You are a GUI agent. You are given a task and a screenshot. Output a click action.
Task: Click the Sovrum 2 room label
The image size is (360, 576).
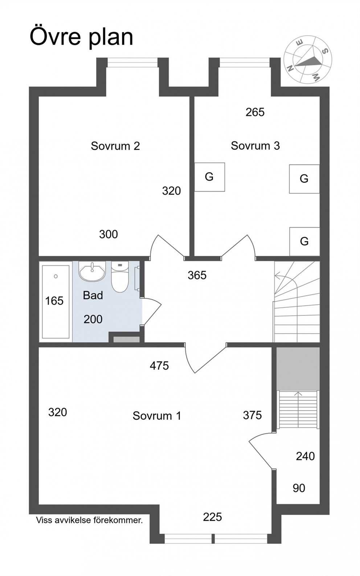(115, 146)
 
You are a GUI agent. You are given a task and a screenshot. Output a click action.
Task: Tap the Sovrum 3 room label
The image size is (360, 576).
(255, 146)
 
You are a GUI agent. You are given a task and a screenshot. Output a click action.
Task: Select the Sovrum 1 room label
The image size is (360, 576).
(157, 416)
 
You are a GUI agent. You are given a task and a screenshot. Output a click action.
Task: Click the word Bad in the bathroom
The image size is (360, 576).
(93, 295)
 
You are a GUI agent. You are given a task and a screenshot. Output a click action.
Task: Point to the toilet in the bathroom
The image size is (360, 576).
(120, 277)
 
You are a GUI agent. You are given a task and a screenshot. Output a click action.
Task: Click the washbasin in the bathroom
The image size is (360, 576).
(92, 271)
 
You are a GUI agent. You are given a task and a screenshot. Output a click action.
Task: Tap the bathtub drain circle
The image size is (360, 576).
(56, 277)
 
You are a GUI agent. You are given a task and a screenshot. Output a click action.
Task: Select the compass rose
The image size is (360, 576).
(308, 60)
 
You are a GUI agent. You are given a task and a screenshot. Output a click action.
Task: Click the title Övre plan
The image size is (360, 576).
(82, 37)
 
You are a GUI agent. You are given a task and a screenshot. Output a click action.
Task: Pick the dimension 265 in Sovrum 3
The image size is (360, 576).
(255, 112)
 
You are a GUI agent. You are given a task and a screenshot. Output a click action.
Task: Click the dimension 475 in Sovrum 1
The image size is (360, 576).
(159, 365)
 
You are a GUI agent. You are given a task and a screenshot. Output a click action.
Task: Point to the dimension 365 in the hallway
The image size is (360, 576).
(197, 275)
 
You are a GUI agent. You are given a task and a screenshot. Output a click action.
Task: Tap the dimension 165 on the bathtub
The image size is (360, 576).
(54, 301)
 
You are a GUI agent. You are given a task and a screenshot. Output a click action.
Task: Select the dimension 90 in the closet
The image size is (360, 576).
(299, 488)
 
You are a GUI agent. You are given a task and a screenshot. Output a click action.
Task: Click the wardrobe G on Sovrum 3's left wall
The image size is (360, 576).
(209, 177)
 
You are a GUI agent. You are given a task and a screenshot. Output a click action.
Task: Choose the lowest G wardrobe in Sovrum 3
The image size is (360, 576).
(304, 241)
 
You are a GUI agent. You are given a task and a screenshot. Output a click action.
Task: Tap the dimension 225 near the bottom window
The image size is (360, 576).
(212, 517)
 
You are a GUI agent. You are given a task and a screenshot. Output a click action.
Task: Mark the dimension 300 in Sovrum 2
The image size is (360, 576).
(109, 234)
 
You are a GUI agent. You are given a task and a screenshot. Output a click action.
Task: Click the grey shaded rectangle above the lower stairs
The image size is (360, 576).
(298, 369)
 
